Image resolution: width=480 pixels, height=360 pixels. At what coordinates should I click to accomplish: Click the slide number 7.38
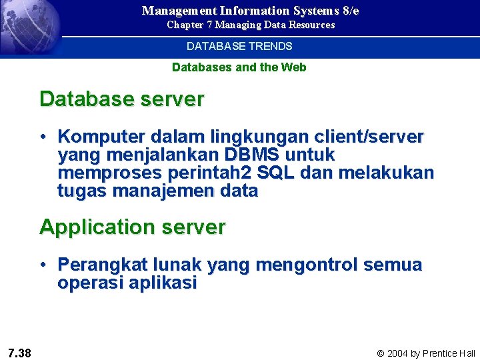pyautogui.click(x=19, y=353)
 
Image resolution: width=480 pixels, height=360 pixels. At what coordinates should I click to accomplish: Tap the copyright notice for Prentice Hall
pyautogui.click(x=426, y=353)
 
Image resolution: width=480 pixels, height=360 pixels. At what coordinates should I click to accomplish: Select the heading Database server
pyautogui.click(x=122, y=99)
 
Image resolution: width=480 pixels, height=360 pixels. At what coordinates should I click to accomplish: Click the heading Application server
pyautogui.click(x=133, y=227)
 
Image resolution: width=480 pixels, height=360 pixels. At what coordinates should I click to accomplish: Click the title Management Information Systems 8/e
pyautogui.click(x=250, y=11)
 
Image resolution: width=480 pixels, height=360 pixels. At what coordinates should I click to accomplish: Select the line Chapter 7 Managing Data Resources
pyautogui.click(x=251, y=25)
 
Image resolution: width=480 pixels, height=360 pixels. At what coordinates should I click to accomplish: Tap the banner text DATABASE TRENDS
pyautogui.click(x=239, y=47)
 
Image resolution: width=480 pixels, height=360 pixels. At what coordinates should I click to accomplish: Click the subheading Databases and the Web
pyautogui.click(x=239, y=67)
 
